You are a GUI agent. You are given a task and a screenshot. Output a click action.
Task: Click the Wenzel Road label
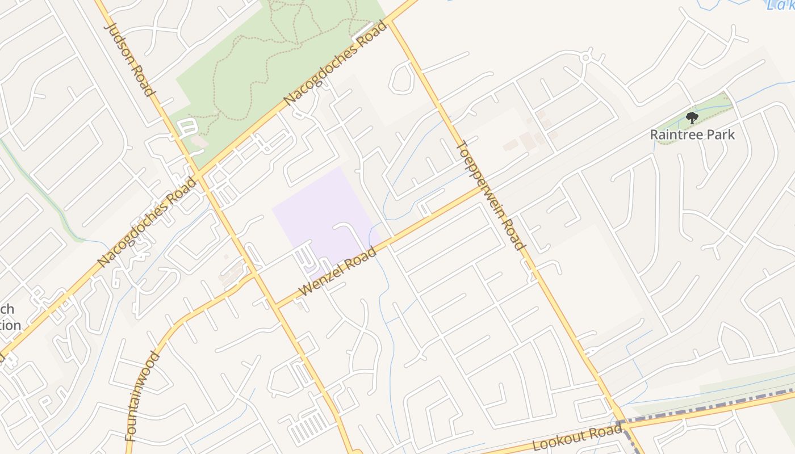[x=337, y=271]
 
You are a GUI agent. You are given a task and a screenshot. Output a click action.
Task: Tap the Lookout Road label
[x=578, y=438]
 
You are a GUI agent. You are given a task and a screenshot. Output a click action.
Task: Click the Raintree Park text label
[x=692, y=134]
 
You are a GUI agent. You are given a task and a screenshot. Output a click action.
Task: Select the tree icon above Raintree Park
[x=692, y=118]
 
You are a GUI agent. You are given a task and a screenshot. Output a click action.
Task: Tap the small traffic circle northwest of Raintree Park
[x=586, y=57]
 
